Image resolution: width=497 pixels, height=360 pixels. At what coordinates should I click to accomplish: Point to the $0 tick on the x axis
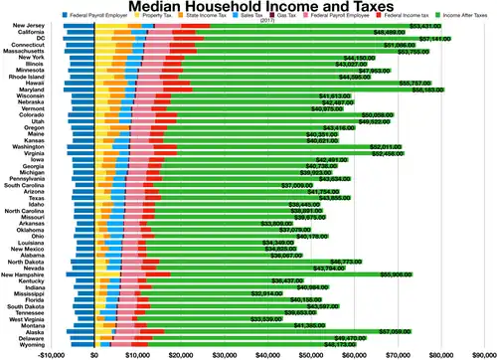click(94, 352)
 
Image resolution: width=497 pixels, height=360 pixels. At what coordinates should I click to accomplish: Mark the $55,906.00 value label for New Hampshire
click(402, 273)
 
